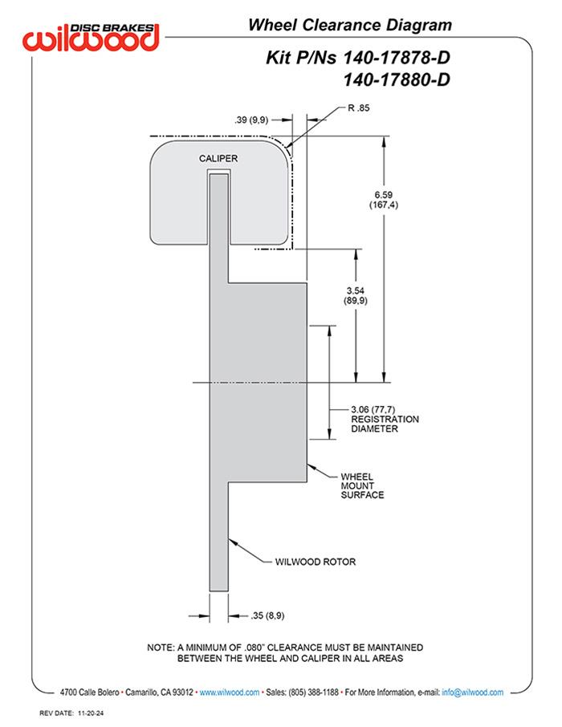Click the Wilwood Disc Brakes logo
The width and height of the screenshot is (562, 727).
click(91, 37)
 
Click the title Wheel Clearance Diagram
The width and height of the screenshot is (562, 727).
click(350, 25)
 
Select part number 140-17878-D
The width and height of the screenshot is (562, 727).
click(397, 58)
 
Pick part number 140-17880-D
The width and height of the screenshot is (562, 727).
click(397, 79)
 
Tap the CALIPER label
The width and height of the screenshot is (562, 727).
click(218, 159)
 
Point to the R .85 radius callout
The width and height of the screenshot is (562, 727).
click(359, 108)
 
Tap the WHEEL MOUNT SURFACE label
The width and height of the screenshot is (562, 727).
click(362, 485)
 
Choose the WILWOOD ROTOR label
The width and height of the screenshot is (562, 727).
click(315, 562)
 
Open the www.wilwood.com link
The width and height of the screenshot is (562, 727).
click(230, 692)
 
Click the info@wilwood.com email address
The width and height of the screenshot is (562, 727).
click(472, 692)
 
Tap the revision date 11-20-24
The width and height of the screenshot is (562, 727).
click(91, 713)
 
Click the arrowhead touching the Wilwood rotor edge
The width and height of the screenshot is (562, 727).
click(233, 541)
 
